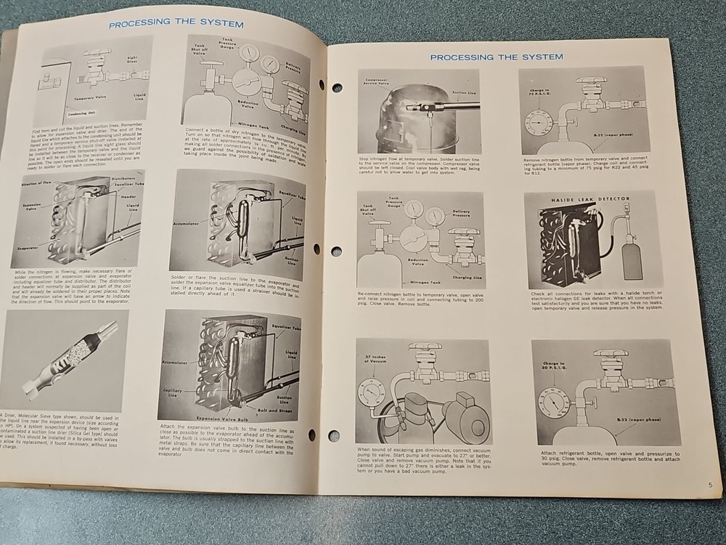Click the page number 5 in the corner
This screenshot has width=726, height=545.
(x=711, y=485)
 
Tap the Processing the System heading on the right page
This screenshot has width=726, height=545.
(x=496, y=57)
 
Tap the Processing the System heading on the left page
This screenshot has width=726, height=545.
(x=176, y=23)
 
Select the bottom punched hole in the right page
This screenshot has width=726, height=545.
(x=333, y=436)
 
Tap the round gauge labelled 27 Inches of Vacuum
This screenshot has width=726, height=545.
(x=372, y=393)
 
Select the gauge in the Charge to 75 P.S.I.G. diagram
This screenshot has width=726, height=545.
(x=539, y=122)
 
